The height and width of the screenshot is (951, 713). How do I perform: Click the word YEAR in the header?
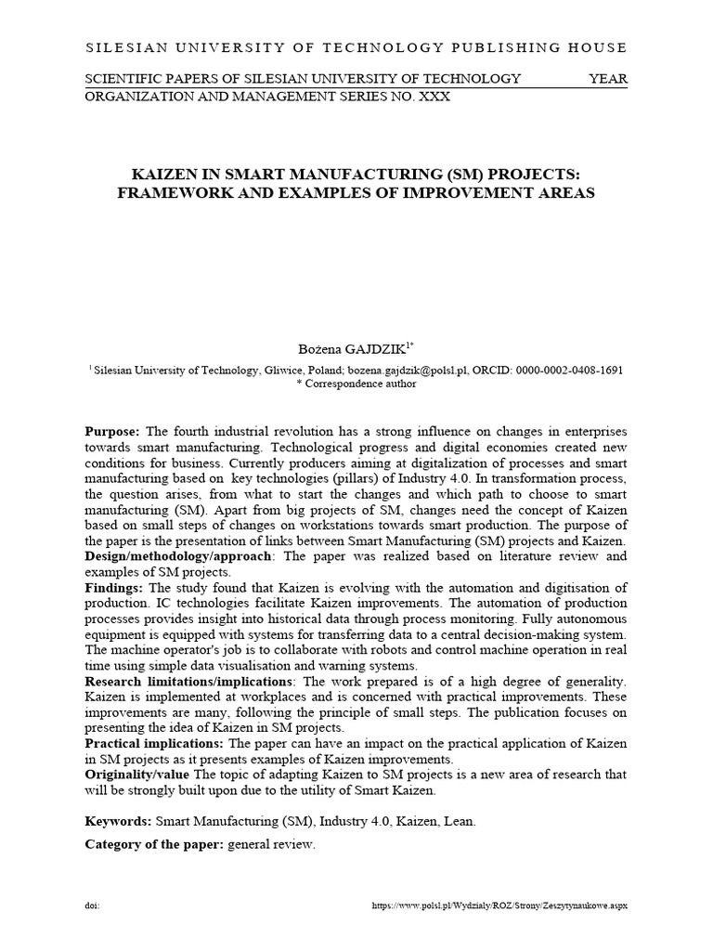[608, 79]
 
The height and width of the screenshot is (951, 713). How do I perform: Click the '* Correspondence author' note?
[356, 384]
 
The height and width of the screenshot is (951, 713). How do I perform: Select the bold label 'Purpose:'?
[112, 432]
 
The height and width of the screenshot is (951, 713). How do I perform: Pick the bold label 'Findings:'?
[113, 588]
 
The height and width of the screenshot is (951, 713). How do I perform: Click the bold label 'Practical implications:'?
[154, 744]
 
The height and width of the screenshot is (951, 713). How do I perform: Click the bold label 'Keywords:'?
[118, 821]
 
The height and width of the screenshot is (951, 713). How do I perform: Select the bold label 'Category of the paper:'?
[153, 844]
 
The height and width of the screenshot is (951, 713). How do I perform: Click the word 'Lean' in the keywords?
[465, 821]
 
